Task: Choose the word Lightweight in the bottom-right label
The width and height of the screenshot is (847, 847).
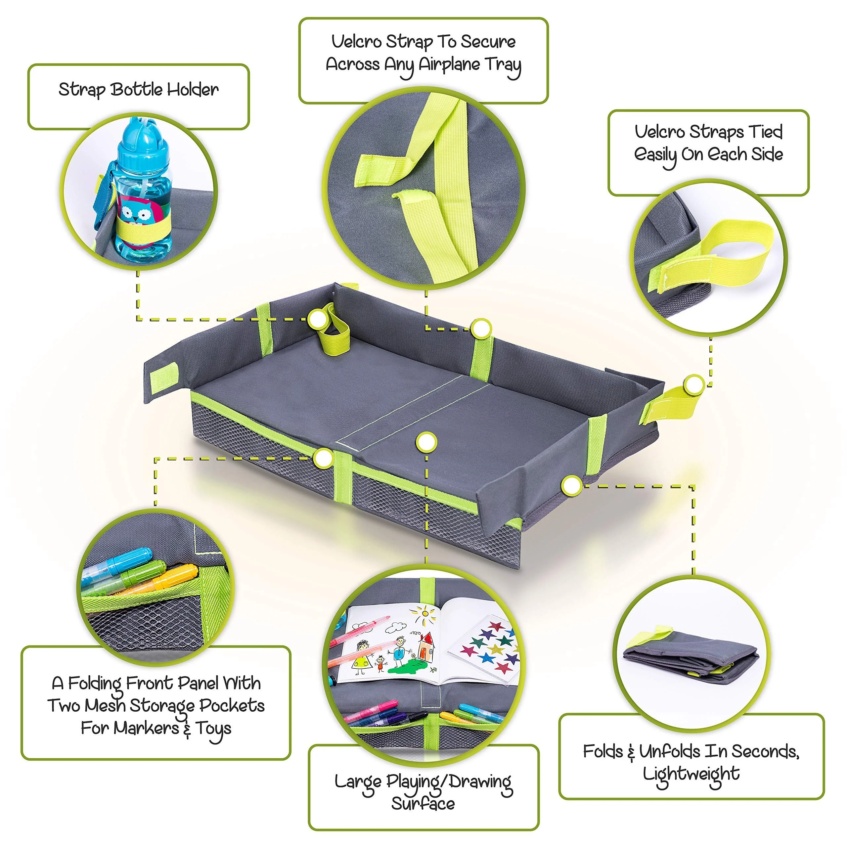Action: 691,774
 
